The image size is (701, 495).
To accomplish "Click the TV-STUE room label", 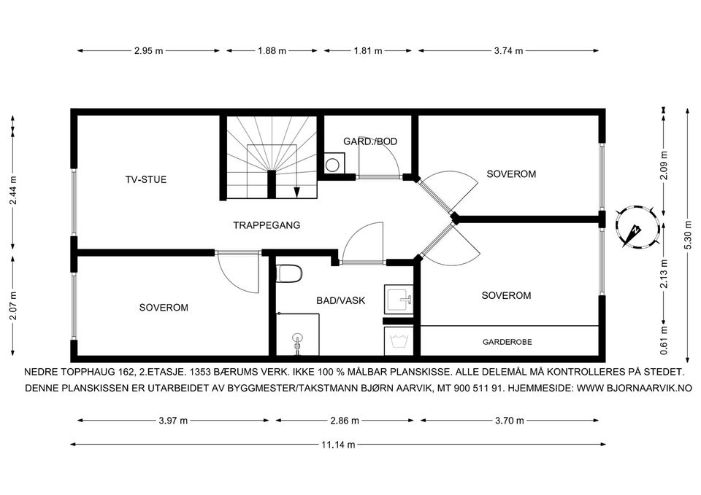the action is coord(146,179).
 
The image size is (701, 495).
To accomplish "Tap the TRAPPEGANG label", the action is coord(267,225).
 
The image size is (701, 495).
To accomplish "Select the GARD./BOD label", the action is coord(370,141).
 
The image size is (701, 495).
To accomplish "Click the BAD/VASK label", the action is coord(341,300).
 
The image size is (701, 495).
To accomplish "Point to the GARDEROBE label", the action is coord(507,342).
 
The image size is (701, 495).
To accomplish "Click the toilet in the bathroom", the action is coord(289,273).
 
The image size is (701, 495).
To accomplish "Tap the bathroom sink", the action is coord(399,300).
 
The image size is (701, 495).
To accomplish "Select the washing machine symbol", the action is coord(399,341).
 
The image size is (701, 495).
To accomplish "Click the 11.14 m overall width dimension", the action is coord(338,444).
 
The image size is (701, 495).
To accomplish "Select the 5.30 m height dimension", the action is coord(688,235).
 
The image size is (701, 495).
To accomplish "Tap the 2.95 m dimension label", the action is coord(148,50).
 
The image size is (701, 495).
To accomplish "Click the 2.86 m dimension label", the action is coord(344,420).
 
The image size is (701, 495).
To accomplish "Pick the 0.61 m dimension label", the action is coord(664,340).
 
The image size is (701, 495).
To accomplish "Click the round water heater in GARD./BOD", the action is coord(332,165).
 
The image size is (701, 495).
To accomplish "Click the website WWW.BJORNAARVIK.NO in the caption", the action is coord(635,389).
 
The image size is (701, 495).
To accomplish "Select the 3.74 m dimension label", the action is coord(508,50).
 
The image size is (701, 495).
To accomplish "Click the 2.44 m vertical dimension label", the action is coord(13,190).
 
